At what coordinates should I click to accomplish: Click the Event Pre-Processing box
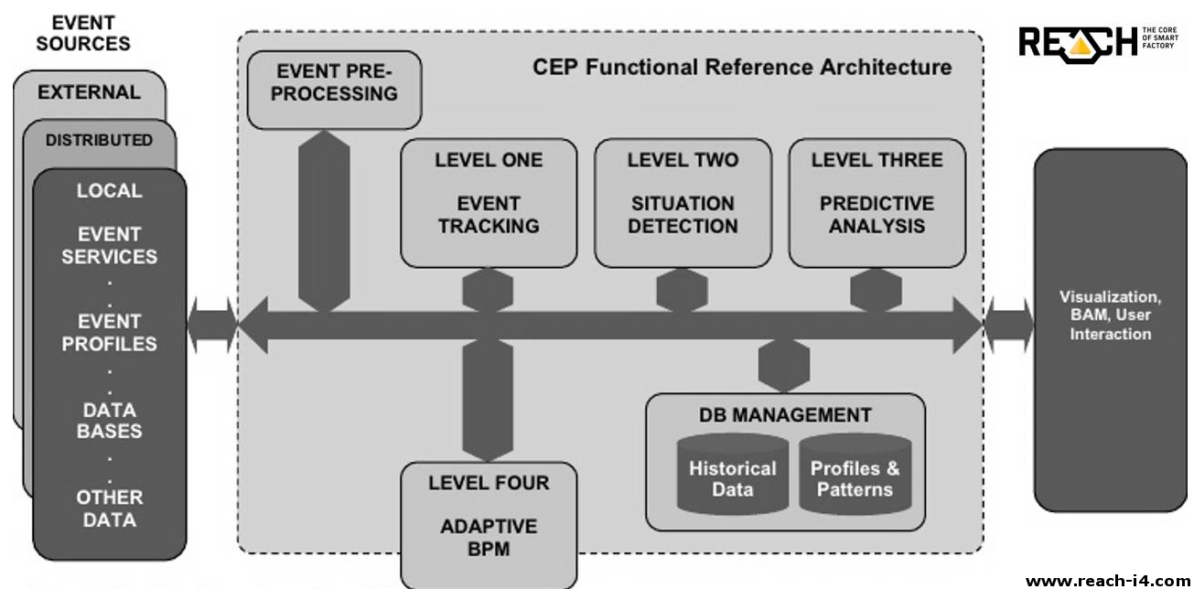tap(334, 89)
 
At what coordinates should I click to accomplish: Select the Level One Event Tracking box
tap(489, 203)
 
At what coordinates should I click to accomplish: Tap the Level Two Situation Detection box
tap(683, 203)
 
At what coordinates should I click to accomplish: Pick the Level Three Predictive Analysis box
tap(877, 203)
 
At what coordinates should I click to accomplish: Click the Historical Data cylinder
tap(733, 477)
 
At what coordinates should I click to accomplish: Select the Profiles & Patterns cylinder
tap(855, 477)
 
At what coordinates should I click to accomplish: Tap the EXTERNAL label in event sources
tap(90, 92)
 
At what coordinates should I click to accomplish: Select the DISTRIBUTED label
tap(99, 141)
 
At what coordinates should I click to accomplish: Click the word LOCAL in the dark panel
tap(109, 191)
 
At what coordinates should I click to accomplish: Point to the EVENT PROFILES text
tap(109, 333)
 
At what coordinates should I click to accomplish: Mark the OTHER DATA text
tap(109, 509)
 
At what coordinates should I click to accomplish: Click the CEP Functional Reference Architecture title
tap(742, 67)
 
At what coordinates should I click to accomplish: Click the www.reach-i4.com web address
tap(1108, 580)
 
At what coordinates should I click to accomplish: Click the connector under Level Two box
tap(682, 290)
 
